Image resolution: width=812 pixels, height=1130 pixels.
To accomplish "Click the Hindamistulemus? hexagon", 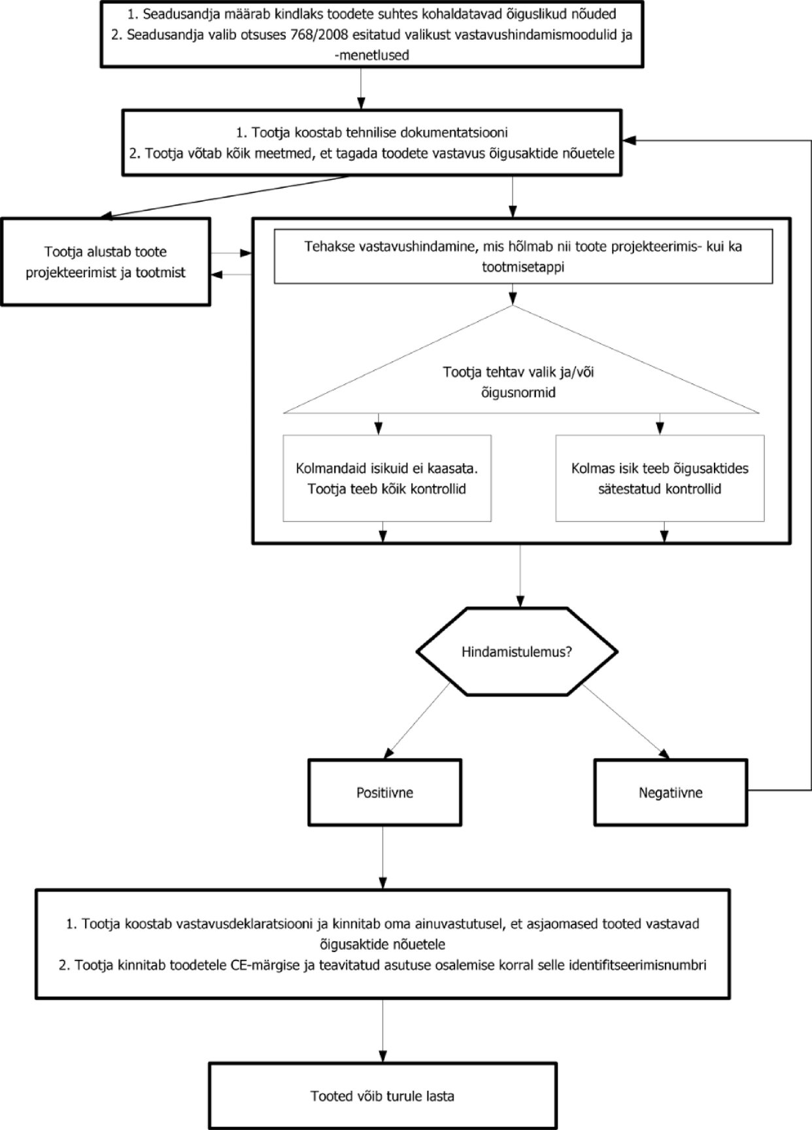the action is point(516,651).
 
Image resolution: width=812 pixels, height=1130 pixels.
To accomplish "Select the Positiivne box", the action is point(384,792).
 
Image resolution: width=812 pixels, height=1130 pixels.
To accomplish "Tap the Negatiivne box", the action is point(670,792).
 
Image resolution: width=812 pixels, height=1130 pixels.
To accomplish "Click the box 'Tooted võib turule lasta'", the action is point(382,1096).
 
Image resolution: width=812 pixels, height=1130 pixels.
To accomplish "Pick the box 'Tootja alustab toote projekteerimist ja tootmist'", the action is point(105,262).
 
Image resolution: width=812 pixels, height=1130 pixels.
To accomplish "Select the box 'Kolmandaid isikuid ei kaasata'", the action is point(387,478).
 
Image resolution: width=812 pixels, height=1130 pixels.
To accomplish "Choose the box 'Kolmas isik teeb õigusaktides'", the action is point(660,478).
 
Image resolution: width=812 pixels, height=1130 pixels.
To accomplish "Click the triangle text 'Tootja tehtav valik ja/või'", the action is point(518,372).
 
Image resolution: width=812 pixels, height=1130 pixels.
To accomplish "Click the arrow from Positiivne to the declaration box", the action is point(383,857).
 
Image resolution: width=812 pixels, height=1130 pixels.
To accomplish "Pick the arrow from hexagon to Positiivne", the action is point(418,722).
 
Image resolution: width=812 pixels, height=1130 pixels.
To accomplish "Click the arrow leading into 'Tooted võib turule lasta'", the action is point(382,1031).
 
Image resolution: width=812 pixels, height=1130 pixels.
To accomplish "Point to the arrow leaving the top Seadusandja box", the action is point(360,88).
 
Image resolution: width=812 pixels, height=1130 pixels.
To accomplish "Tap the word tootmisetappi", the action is point(523,267).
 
